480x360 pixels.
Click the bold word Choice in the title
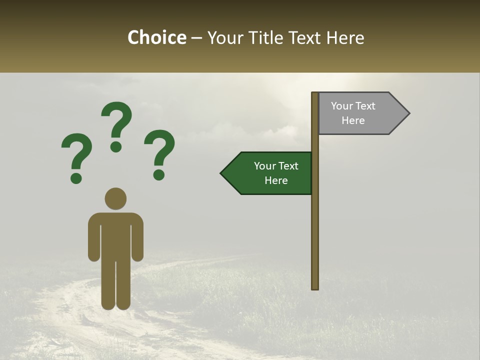[156, 37]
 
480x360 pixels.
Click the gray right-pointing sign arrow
[360, 113]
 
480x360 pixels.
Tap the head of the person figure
[115, 198]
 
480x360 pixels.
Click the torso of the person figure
[115, 235]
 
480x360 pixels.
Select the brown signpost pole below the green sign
[315, 240]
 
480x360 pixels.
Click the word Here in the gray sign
[353, 120]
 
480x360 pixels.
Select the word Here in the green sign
[276, 180]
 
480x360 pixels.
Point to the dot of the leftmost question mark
[76, 177]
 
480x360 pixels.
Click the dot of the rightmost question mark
[159, 174]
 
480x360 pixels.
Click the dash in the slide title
[197, 38]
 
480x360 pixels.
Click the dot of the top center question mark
[116, 146]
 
